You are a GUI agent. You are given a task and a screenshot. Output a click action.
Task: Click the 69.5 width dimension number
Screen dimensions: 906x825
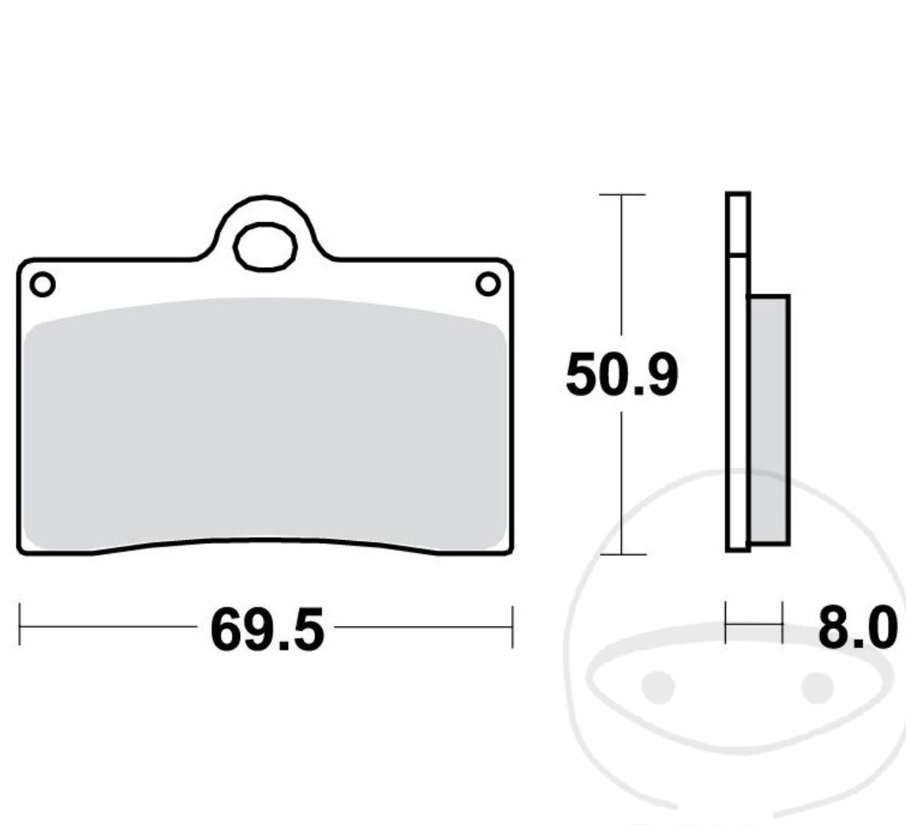coord(267,629)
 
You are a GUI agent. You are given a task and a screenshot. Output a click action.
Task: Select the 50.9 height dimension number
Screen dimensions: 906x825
coord(622,374)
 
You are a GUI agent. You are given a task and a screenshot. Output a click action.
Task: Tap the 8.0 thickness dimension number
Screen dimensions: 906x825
coord(857,627)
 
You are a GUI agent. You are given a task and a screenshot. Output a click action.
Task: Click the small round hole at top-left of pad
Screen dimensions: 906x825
coord(42,284)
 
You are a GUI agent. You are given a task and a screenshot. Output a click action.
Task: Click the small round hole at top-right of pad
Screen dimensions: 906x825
coord(488,284)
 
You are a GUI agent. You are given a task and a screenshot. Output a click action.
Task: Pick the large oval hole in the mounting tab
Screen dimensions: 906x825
coord(265,247)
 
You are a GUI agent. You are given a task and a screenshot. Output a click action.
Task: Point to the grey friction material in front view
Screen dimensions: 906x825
coord(265,424)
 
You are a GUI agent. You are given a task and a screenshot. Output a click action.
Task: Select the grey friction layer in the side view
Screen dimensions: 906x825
coord(769,420)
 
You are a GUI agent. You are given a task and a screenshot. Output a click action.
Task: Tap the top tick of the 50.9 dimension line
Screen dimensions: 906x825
coord(622,194)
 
